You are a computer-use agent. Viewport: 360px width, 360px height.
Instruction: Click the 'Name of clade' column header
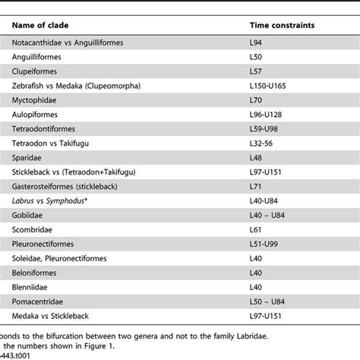coord(46,24)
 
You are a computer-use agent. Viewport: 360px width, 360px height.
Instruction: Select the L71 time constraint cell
coord(257,185)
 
